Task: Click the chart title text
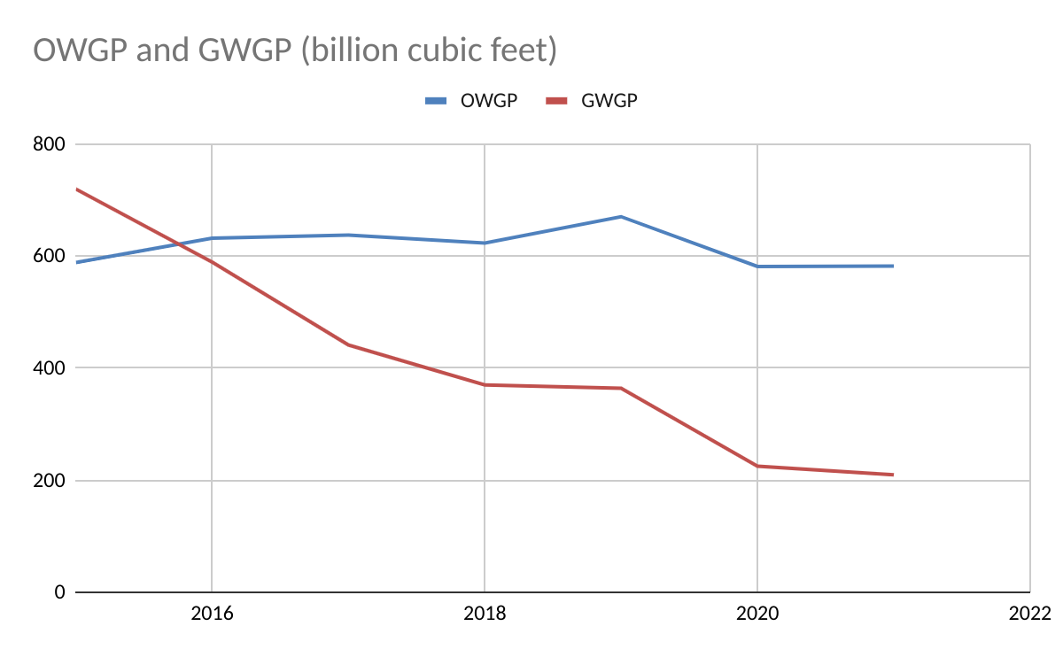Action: click(295, 50)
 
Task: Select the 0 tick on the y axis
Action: click(60, 592)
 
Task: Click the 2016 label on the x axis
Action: click(212, 613)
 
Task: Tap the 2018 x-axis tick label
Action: click(485, 613)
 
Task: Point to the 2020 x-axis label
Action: click(757, 613)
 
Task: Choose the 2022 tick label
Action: click(1029, 613)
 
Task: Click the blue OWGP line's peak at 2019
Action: click(621, 217)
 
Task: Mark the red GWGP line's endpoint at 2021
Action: click(893, 475)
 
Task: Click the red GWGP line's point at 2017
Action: click(348, 344)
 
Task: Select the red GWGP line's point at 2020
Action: click(757, 466)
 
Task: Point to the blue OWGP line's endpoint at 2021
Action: click(893, 266)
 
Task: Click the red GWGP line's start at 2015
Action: click(76, 189)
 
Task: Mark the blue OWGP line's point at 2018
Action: click(485, 243)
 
